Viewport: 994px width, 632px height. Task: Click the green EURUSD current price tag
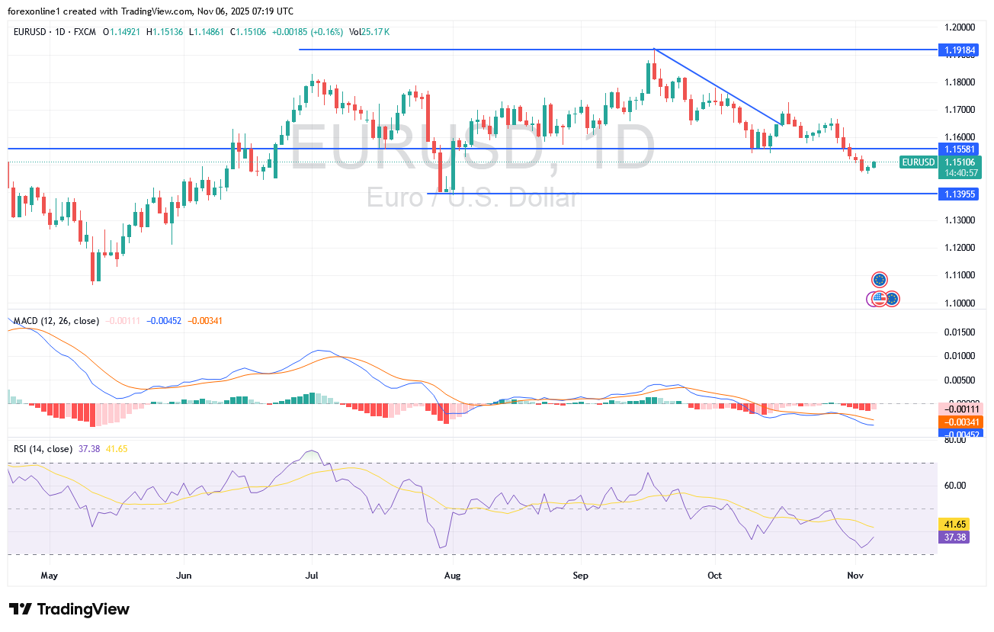(x=918, y=162)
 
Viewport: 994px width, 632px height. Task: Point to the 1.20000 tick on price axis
(x=959, y=27)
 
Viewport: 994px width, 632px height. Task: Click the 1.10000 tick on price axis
(x=959, y=303)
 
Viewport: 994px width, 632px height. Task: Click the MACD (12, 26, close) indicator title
(x=56, y=321)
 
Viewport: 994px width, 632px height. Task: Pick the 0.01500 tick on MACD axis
(x=959, y=332)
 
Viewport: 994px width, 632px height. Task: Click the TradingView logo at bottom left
(x=69, y=609)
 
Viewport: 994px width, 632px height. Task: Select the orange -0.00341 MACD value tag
(x=960, y=422)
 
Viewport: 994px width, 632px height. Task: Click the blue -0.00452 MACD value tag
(x=960, y=434)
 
